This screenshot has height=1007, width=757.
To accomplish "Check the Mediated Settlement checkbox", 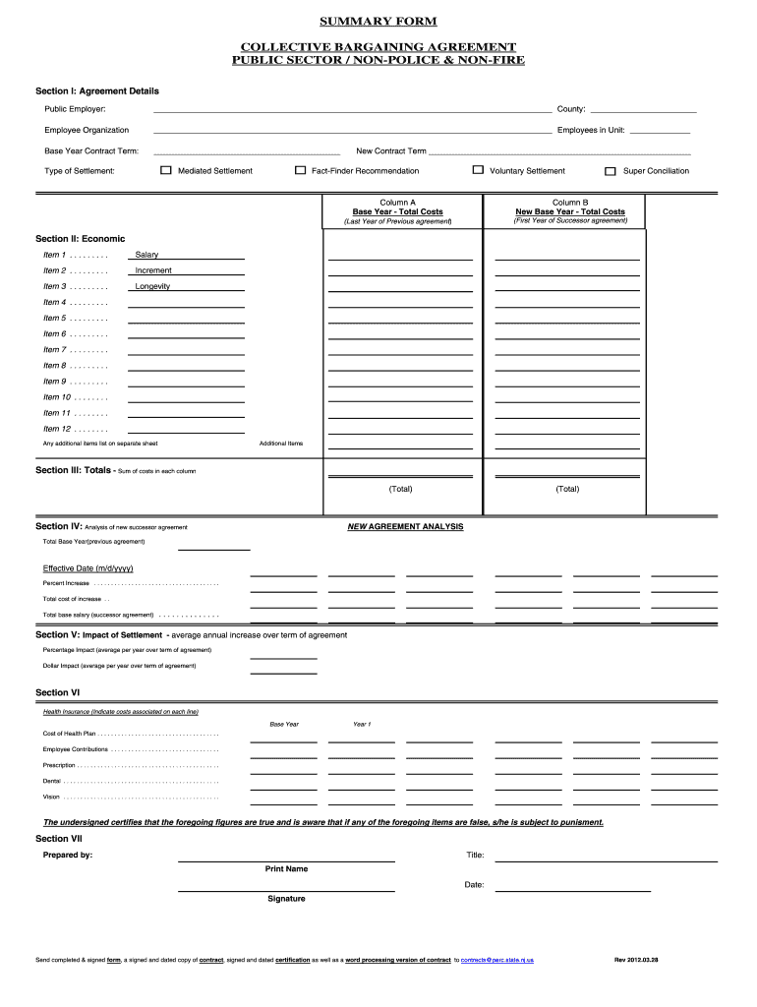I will pyautogui.click(x=166, y=170).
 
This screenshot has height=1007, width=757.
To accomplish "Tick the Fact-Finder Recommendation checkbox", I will pyautogui.click(x=301, y=170).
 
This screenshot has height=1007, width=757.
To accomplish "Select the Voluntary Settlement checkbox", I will pyautogui.click(x=478, y=170).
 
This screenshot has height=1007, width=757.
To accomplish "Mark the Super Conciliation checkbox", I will pyautogui.click(x=610, y=170).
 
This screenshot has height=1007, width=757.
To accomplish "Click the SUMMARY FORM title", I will pyautogui.click(x=378, y=22).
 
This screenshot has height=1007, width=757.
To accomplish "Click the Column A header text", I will pyautogui.click(x=397, y=203).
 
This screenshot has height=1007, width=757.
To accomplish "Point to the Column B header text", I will pyautogui.click(x=569, y=203).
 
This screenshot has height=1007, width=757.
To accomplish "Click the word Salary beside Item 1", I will pyautogui.click(x=146, y=255).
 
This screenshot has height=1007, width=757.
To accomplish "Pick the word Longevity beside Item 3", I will pyautogui.click(x=152, y=286).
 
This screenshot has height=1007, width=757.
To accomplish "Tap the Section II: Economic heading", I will pyautogui.click(x=81, y=239).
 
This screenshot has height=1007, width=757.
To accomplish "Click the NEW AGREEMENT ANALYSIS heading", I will pyautogui.click(x=405, y=526).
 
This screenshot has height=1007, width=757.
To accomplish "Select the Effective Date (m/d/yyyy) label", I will pyautogui.click(x=87, y=568).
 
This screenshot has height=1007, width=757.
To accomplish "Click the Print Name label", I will pyautogui.click(x=286, y=868).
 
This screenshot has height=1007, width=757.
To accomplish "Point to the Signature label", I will pyautogui.click(x=286, y=898).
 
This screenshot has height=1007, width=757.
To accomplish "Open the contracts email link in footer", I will pyautogui.click(x=497, y=959).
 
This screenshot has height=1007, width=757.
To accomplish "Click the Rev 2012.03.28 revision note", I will pyautogui.click(x=635, y=959).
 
